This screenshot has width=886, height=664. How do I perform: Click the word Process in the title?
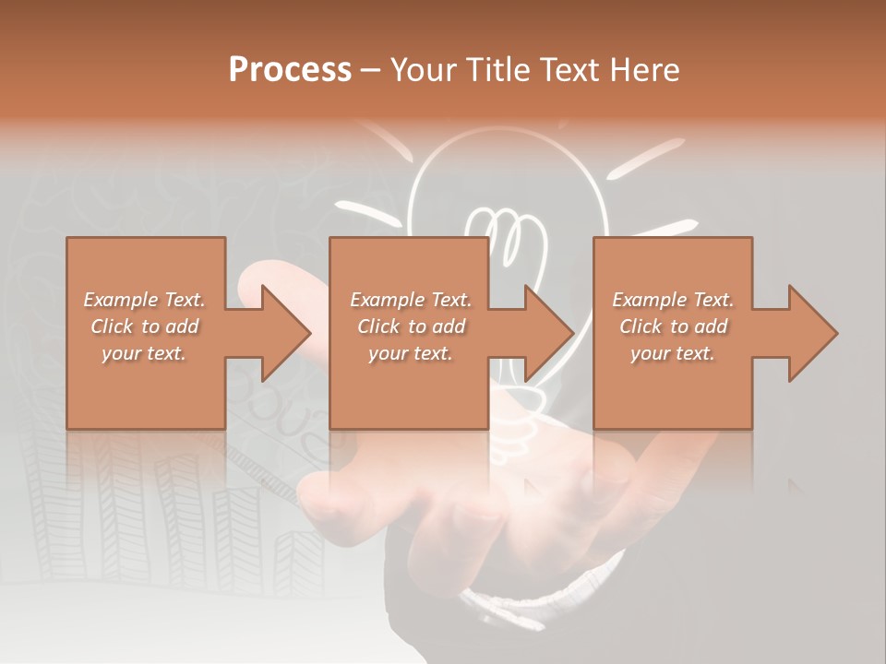290,69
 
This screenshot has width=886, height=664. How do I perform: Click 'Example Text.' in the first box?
144,300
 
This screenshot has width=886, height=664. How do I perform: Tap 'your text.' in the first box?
144,353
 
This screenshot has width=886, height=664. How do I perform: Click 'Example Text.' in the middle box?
411,300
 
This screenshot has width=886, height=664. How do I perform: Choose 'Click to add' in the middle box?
411,326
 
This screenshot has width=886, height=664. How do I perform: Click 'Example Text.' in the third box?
673,300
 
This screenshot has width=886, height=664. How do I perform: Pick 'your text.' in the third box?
673,353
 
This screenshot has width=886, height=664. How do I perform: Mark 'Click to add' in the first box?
144,326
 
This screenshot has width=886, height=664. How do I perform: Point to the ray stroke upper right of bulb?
645,159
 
